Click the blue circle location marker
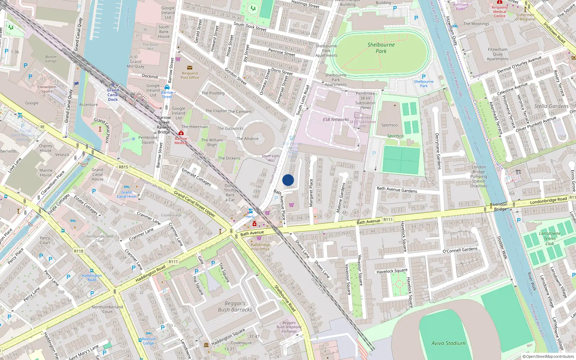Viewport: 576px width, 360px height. [x=288, y=180]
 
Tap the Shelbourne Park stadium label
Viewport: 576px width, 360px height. [x=381, y=48]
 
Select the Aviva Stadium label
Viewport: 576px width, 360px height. [x=448, y=343]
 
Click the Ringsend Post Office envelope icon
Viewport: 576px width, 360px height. [x=190, y=68]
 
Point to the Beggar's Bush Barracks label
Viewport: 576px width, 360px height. [x=235, y=306]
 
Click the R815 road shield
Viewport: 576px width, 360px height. [x=123, y=167]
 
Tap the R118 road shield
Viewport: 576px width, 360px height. [x=78, y=251]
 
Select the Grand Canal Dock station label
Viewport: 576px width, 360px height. [x=113, y=95]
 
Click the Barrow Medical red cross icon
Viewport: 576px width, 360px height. [x=181, y=133]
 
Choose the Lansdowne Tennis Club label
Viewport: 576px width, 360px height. [x=550, y=238]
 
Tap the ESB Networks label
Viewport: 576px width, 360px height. [x=336, y=120]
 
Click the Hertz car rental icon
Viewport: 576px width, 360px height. [x=251, y=211]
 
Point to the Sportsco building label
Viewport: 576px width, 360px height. [x=390, y=125]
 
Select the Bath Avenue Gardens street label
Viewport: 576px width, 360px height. [x=397, y=189]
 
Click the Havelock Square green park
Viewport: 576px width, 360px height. [x=399, y=285]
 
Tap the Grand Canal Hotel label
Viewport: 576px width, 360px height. [x=126, y=194]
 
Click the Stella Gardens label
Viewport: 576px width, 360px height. [x=551, y=106]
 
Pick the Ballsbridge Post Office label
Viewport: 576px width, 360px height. [x=260, y=247]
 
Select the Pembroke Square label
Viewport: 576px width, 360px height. [x=148, y=140]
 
